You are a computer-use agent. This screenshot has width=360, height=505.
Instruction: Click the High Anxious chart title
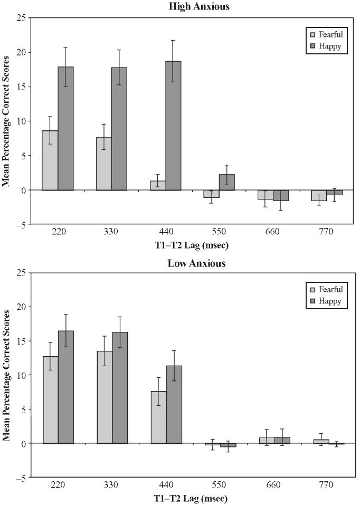click(195, 7)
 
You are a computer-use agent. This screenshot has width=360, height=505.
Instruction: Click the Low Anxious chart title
click(195, 263)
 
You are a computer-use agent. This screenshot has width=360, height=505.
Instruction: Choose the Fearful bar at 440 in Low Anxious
click(158, 417)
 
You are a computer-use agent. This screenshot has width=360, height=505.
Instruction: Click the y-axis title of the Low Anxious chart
click(7, 375)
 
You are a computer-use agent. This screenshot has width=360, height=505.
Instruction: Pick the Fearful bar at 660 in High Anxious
click(266, 195)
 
